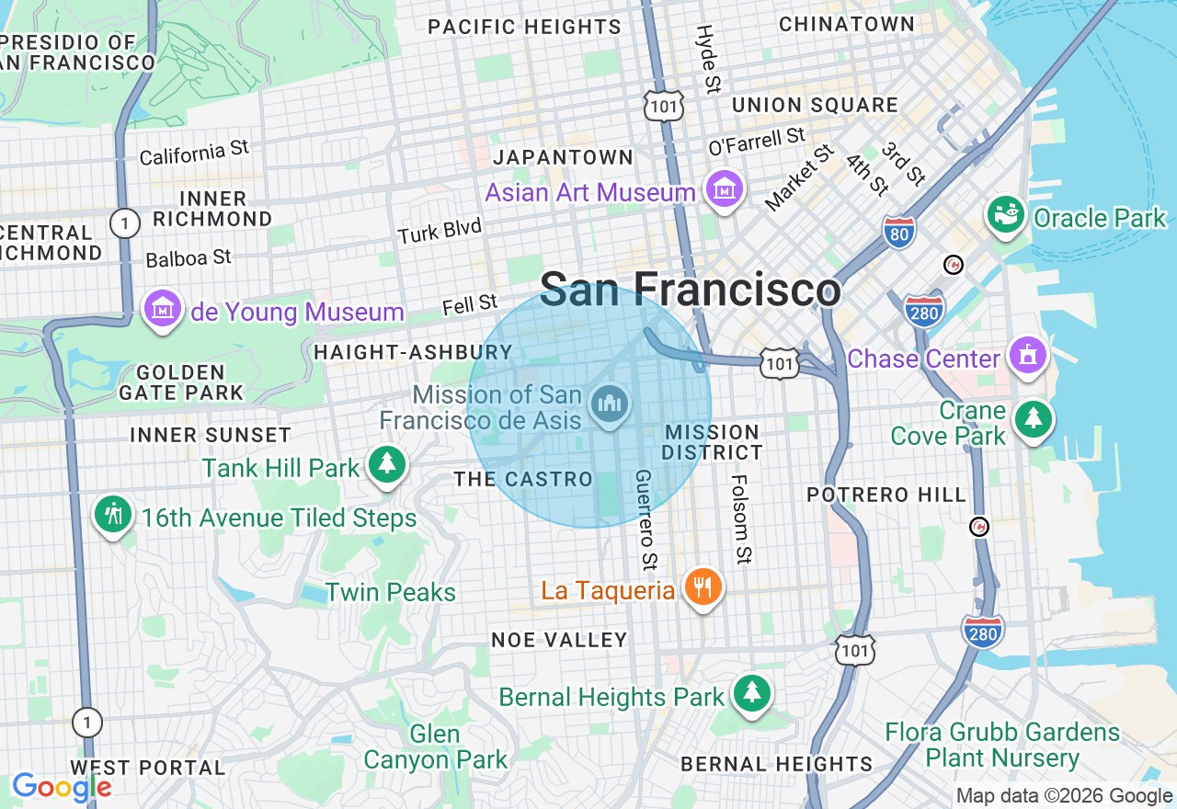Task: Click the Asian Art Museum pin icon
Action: pos(724,189)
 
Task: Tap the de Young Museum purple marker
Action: pos(163,310)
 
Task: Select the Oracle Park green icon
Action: pos(1005,216)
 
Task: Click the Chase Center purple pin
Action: pos(1027,356)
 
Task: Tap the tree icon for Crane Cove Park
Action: pos(1034,419)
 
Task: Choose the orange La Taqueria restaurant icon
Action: pos(703,587)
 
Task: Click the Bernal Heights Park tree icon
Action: pos(752,694)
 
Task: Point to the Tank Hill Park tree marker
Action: pos(387,465)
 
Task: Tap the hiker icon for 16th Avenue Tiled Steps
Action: pos(113,515)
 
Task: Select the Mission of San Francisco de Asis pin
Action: pos(610,404)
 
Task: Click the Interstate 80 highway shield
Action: pos(898,232)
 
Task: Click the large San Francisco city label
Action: pos(690,290)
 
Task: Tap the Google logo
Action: pos(62,787)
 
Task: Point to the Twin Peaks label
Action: pos(391,592)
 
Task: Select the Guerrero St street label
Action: pos(646,518)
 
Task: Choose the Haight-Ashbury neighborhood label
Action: pos(413,352)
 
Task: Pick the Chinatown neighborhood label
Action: pos(847,24)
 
